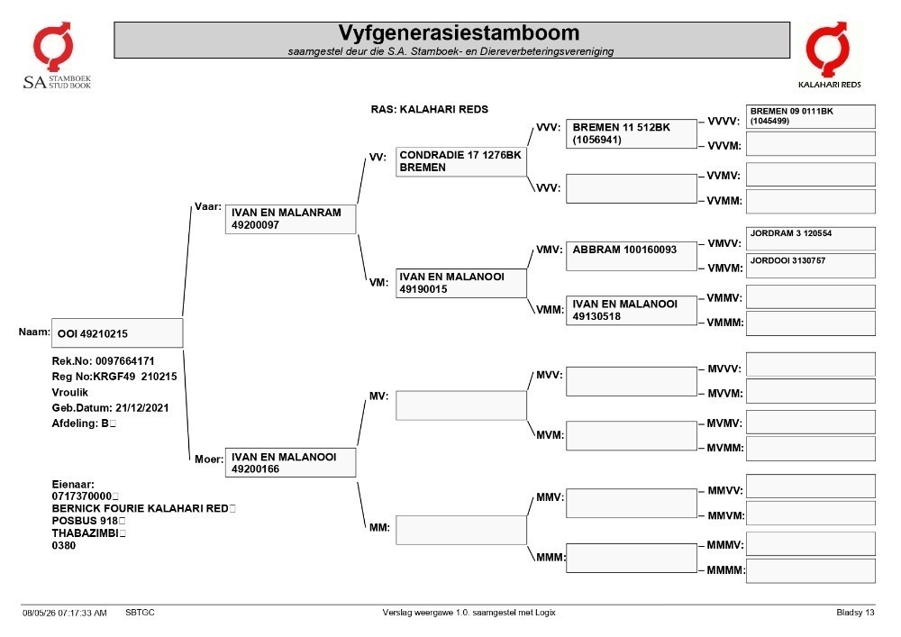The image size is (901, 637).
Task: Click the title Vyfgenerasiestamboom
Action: [459, 32]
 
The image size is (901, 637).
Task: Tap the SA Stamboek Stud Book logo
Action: [56, 55]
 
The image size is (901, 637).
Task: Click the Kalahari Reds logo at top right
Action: [829, 55]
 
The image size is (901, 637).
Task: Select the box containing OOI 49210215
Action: [117, 333]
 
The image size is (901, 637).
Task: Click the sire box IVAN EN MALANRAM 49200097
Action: [290, 219]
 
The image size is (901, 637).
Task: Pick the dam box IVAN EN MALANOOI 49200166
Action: [290, 462]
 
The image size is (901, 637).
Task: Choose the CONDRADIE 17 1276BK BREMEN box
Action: [460, 161]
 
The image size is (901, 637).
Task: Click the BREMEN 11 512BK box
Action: [632, 134]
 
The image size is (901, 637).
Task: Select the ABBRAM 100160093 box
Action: [632, 256]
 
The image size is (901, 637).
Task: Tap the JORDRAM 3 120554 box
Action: [811, 239]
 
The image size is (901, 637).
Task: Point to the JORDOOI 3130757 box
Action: [811, 266]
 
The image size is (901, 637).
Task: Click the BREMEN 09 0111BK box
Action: [811, 116]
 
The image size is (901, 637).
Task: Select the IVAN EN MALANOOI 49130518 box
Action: [632, 310]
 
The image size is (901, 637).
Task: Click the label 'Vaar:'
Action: [208, 207]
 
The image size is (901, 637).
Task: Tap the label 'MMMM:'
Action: [725, 570]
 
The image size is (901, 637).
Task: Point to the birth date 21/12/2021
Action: [142, 408]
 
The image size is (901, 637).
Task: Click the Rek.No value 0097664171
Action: [124, 361]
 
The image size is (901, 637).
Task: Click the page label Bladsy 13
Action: [855, 613]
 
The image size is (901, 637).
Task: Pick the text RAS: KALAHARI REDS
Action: [429, 109]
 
